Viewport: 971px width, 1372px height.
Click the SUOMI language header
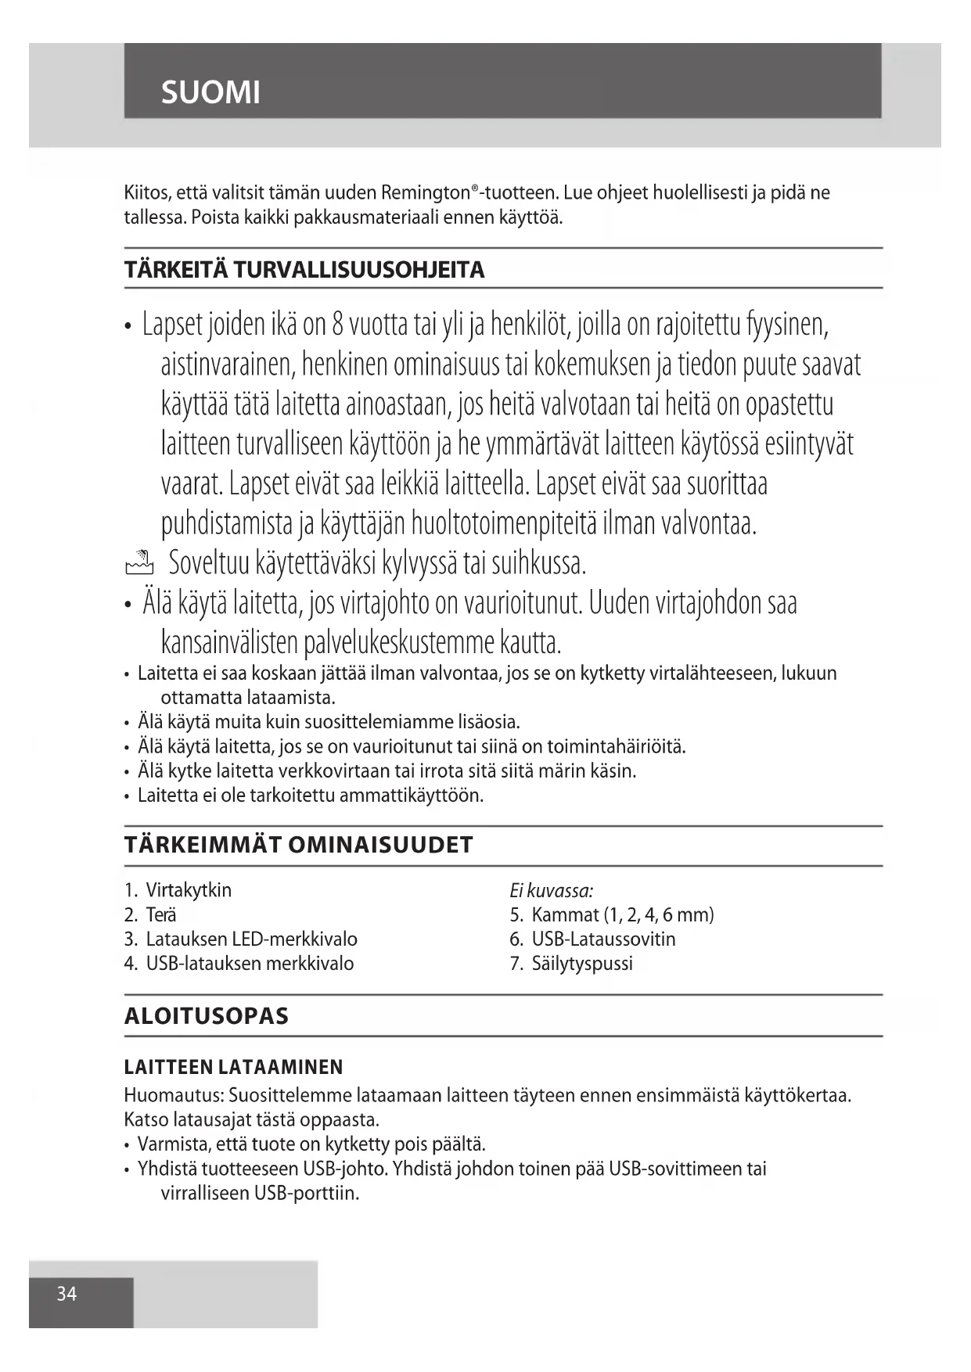point(210,92)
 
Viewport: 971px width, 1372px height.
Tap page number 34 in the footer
point(67,1294)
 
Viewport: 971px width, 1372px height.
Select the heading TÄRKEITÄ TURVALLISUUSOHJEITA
point(304,270)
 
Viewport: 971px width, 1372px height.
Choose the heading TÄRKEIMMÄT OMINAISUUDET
point(299,845)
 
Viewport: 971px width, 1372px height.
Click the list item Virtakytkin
point(189,890)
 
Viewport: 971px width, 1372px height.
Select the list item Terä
point(161,914)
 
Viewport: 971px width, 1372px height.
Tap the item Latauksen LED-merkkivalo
point(251,939)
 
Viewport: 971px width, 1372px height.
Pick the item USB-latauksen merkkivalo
point(250,963)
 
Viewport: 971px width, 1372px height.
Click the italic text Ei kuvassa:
point(551,890)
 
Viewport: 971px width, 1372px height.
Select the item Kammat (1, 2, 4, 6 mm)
point(622,914)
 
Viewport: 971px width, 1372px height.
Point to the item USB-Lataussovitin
point(603,939)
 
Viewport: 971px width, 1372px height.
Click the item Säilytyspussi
point(582,963)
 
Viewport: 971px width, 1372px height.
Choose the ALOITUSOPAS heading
point(207,1016)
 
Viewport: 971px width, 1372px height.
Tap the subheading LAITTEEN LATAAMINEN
point(234,1067)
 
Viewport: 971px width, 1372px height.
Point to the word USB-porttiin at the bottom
point(307,1194)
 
